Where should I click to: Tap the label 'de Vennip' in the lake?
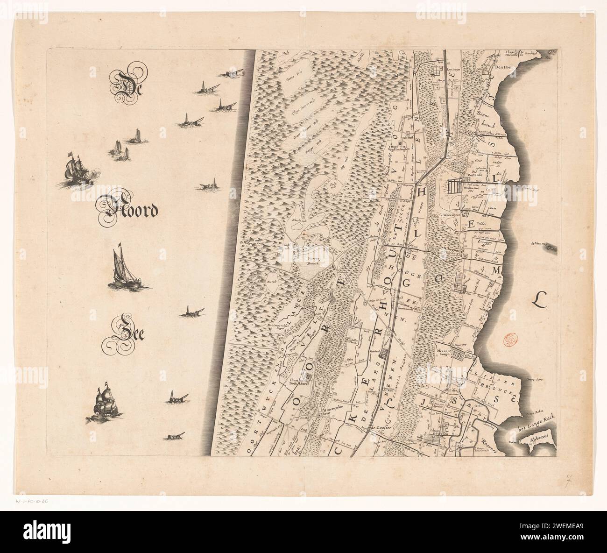point(539,243)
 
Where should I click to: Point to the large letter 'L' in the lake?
point(543,298)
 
